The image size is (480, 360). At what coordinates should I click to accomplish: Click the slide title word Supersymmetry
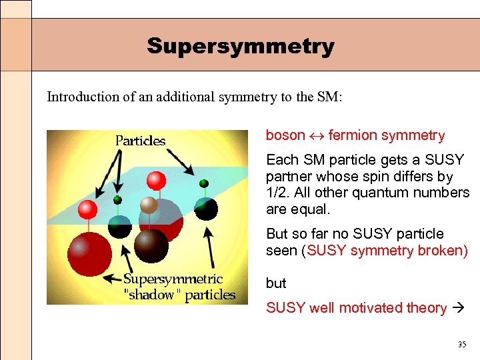(240, 46)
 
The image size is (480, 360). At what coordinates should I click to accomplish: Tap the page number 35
(462, 345)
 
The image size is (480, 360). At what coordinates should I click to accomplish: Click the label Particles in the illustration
(140, 141)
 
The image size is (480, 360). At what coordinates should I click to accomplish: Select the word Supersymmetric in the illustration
(173, 279)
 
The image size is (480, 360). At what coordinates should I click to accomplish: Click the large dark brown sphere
(151, 245)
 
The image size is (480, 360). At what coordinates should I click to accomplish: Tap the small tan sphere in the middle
(150, 205)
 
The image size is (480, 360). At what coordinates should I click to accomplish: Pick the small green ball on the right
(204, 183)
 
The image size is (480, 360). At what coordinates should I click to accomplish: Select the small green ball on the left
(117, 199)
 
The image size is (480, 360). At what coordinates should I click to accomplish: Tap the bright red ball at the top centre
(156, 179)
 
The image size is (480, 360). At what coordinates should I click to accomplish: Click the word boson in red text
(285, 135)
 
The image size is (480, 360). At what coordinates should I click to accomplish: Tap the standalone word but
(276, 283)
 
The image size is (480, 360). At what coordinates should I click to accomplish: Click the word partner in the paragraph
(287, 177)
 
